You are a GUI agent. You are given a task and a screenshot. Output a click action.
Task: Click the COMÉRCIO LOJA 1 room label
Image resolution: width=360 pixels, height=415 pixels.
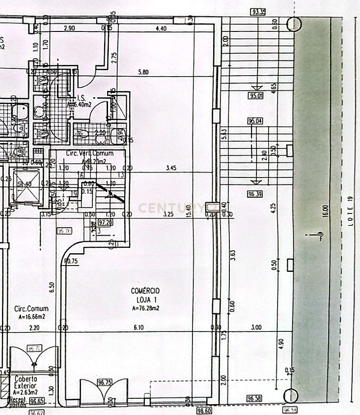coord(145,295)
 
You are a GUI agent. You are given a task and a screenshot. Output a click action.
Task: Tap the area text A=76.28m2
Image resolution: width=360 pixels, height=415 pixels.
coord(146,308)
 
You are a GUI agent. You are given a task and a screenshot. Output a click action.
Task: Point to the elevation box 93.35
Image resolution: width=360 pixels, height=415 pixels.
coord(258,12)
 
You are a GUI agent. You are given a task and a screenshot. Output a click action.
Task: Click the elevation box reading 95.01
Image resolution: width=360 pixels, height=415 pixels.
coord(256,96)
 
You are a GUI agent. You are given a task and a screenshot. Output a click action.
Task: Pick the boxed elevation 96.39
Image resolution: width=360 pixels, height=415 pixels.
coord(255,194)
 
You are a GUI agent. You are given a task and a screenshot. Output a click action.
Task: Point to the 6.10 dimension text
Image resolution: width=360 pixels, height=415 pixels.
coord(139,328)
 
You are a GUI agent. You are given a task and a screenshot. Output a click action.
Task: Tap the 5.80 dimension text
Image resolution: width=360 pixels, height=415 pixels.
coord(143,72)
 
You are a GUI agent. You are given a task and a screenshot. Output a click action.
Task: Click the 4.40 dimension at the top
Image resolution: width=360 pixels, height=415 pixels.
coord(161,29)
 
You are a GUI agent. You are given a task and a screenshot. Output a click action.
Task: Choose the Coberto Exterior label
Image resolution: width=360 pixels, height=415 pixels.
coord(26,383)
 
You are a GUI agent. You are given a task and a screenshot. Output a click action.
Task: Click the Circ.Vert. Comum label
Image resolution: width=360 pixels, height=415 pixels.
coord(89,153)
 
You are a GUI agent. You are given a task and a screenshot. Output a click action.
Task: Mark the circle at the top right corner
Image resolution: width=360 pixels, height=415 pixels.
coord(294,24)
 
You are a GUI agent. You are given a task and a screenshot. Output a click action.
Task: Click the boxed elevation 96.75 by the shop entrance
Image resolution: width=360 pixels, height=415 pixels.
coord(104,382)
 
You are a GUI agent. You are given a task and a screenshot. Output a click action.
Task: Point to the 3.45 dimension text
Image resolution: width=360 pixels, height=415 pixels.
coord(171,169)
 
